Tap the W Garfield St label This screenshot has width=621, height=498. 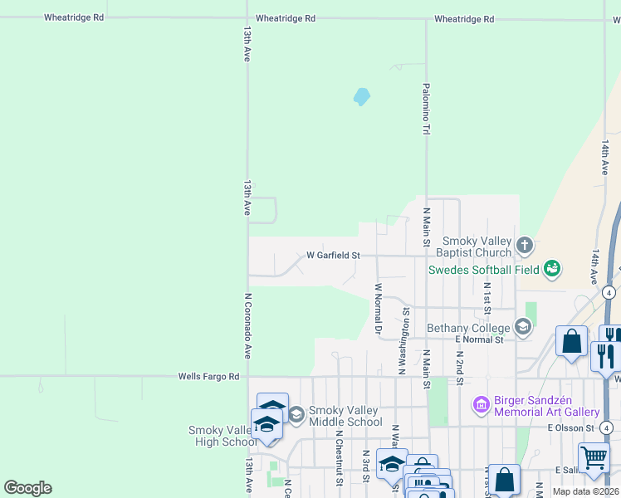pyautogui.click(x=333, y=256)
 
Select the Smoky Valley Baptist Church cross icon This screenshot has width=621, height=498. pyautogui.click(x=523, y=245)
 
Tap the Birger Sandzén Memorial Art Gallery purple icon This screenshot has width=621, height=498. pyautogui.click(x=481, y=405)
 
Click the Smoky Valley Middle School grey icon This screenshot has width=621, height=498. pyautogui.click(x=296, y=414)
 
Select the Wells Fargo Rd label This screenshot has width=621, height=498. pyautogui.click(x=209, y=377)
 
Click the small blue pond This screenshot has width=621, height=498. pyautogui.click(x=361, y=97)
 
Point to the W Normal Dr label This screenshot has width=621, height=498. pyautogui.click(x=378, y=310)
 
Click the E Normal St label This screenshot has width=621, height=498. pyautogui.click(x=479, y=339)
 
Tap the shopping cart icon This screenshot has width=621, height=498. pyautogui.click(x=593, y=457)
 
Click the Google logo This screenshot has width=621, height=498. pyautogui.click(x=27, y=488)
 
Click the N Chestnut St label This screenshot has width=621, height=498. pyautogui.click(x=340, y=456)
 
